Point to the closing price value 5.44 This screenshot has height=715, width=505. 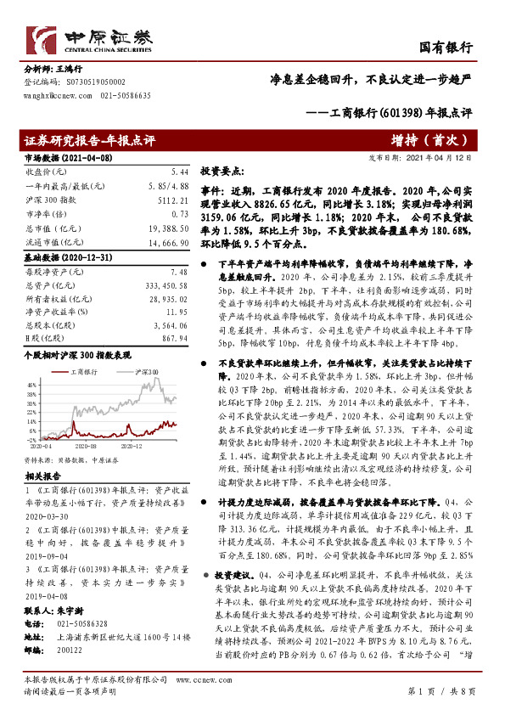coord(179,171)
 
